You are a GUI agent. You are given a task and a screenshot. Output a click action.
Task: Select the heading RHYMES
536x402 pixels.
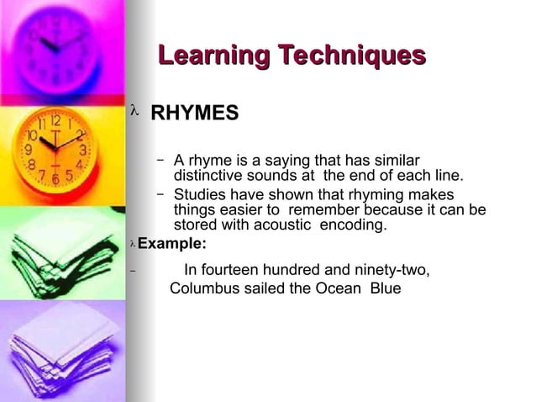(x=194, y=113)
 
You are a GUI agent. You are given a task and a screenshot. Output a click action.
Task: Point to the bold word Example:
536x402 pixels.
(x=171, y=244)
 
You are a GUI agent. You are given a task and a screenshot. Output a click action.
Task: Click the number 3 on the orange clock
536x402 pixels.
(x=82, y=150)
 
